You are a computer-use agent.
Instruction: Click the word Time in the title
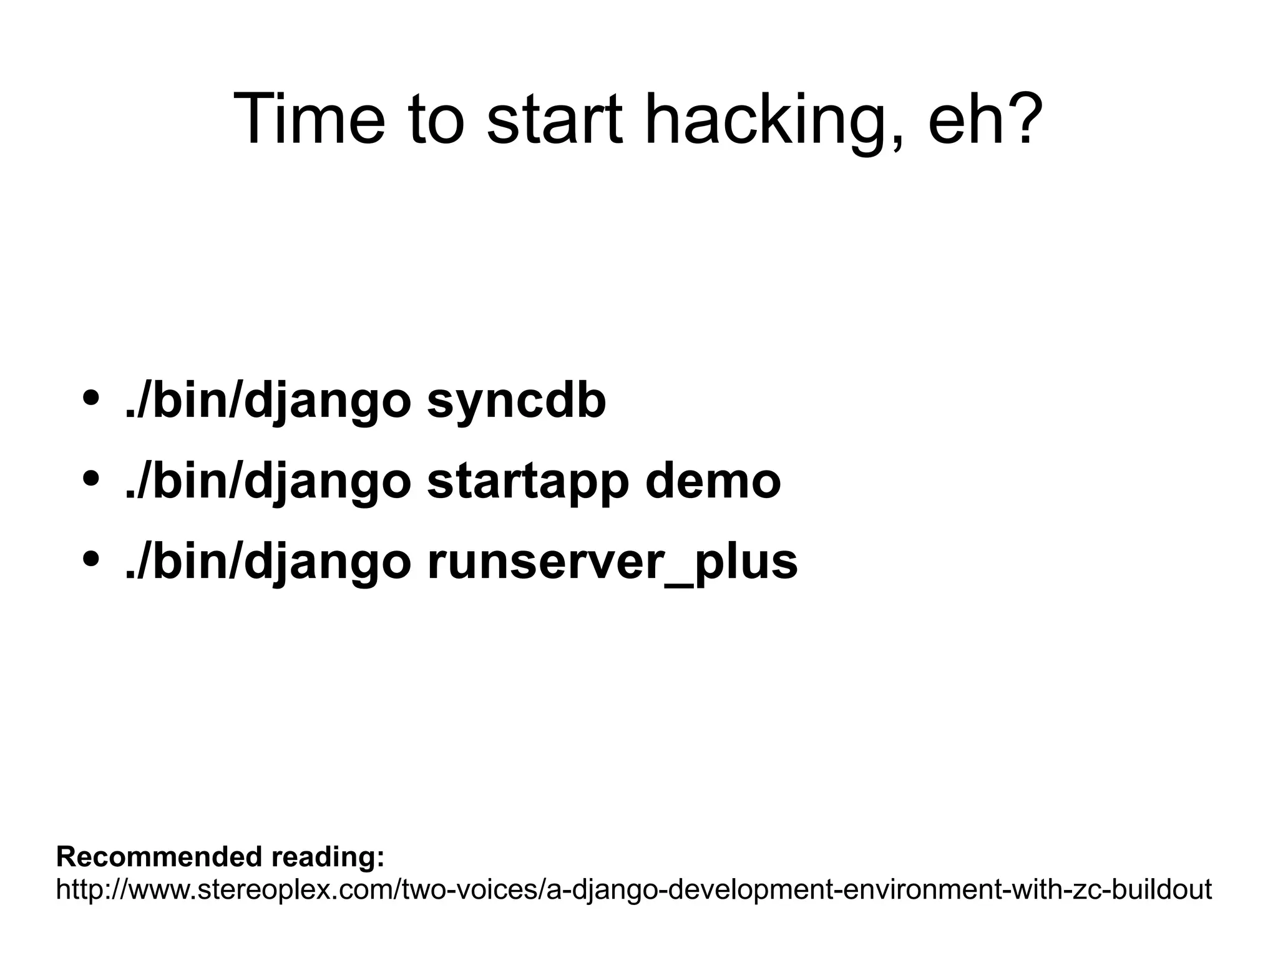point(310,119)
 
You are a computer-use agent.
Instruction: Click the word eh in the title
point(963,119)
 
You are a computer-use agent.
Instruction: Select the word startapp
point(527,482)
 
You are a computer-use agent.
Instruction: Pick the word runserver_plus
point(612,562)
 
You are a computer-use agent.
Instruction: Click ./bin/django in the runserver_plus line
point(268,562)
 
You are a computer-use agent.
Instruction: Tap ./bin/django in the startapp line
point(268,482)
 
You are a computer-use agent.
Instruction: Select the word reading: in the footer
point(328,858)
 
